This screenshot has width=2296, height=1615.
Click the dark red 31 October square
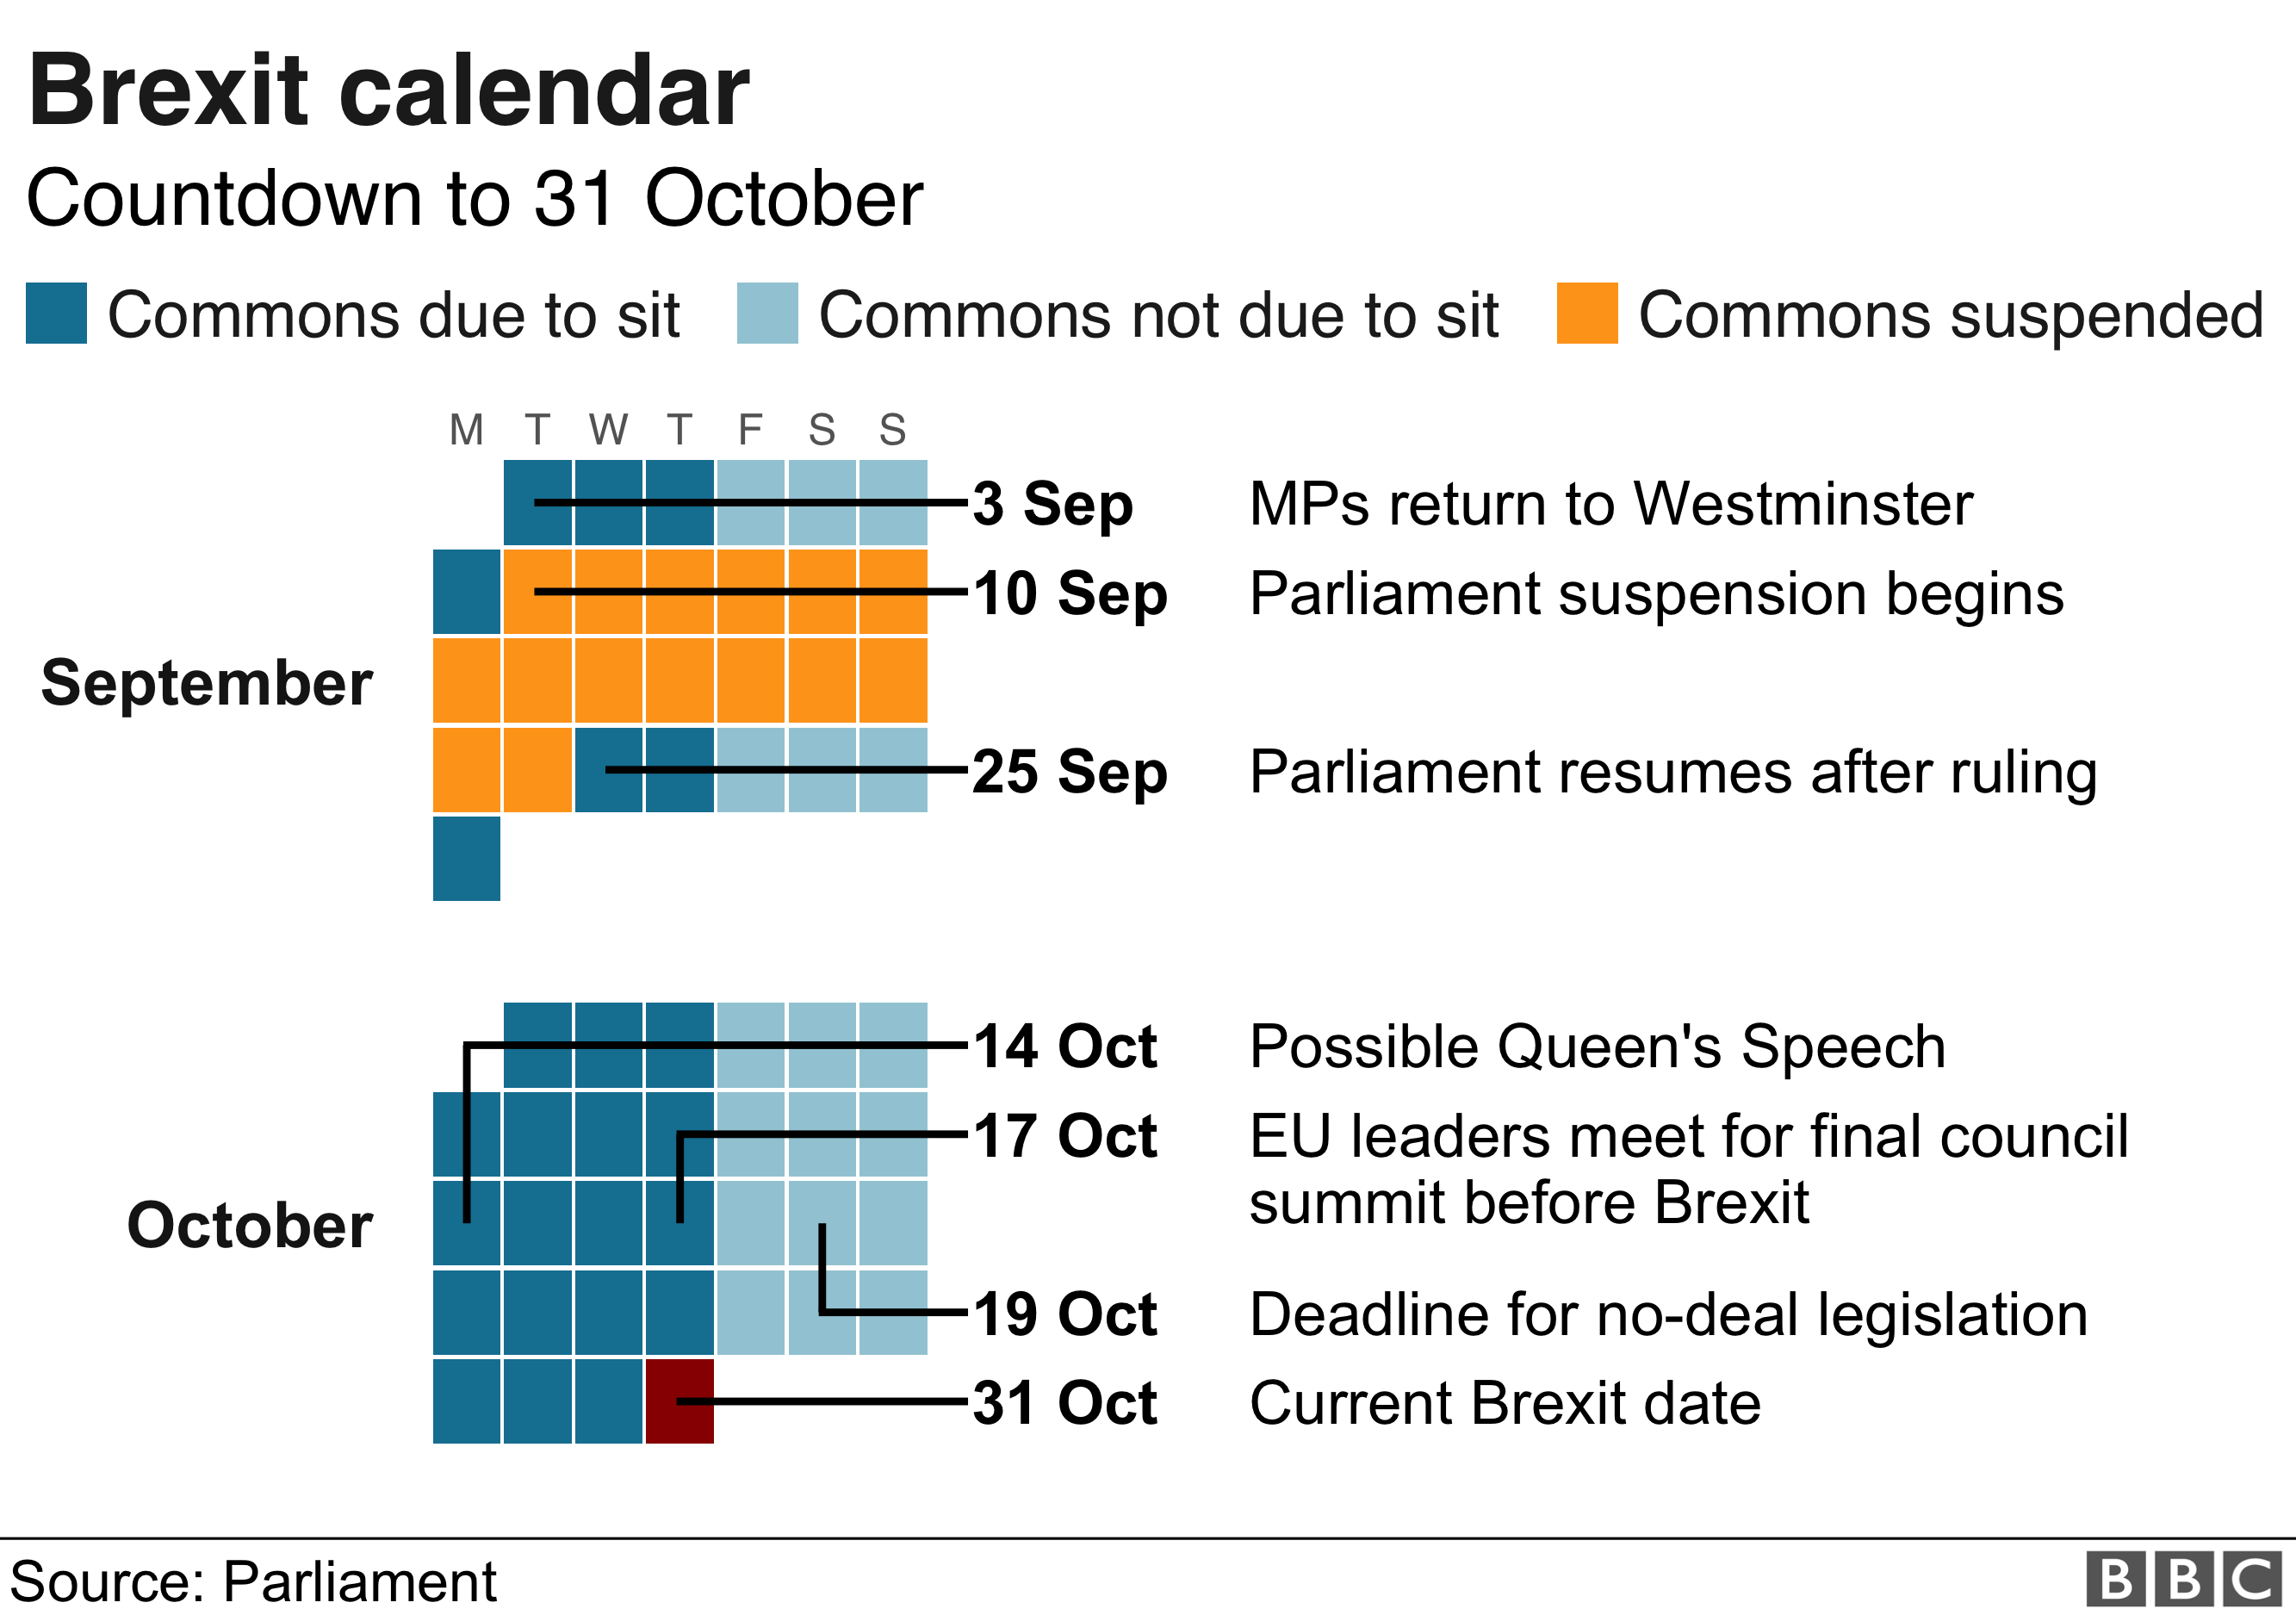[x=680, y=1400]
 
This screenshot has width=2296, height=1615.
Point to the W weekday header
[x=608, y=430]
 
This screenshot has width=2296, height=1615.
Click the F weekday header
[x=750, y=430]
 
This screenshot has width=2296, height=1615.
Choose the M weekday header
[x=466, y=430]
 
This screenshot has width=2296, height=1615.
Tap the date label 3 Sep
[x=1053, y=503]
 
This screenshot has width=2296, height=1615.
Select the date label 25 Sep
[x=1069, y=772]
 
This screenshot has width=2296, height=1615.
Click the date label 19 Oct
[x=1065, y=1314]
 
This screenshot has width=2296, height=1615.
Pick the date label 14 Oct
[x=1065, y=1047]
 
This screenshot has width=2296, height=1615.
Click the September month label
[x=207, y=684]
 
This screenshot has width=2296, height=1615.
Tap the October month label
[x=250, y=1226]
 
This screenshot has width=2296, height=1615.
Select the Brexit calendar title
[x=388, y=91]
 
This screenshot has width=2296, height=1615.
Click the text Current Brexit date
[x=1505, y=1403]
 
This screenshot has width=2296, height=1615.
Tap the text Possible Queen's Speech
[x=1597, y=1047]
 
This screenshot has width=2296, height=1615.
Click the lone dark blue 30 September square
[x=466, y=859]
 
